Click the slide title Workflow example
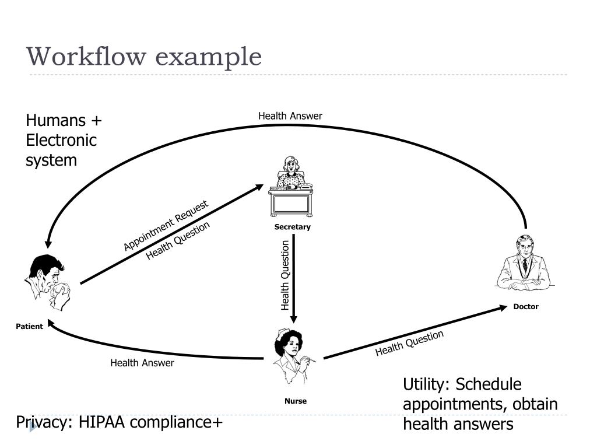pos(144,57)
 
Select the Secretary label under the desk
pos(293,227)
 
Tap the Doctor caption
pos(526,307)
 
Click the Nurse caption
pos(295,401)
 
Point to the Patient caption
pos(29,327)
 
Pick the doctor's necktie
pos(525,265)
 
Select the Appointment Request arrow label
pos(166,226)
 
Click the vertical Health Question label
pos(285,275)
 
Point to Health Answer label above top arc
pos(290,116)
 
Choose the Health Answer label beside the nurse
pos(142,363)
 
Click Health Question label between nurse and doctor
pos(409,343)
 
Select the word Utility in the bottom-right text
pos(426,385)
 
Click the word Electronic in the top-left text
pos(61,141)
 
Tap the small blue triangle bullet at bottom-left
pos(33,426)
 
